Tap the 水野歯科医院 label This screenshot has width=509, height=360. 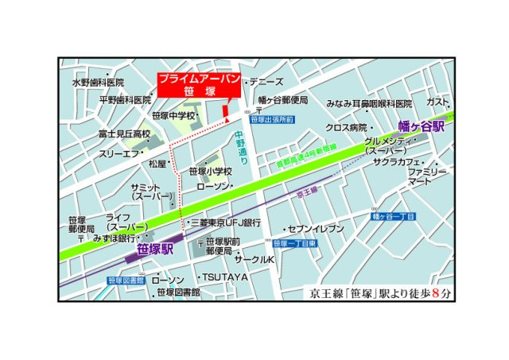98,82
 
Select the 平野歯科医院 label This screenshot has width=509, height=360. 125,100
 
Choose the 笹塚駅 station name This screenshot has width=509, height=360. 156,249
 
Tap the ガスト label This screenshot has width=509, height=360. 437,102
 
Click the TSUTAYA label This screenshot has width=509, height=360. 226,277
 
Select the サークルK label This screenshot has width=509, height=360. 254,260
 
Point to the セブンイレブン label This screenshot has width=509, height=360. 318,229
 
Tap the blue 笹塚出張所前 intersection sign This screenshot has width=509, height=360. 272,119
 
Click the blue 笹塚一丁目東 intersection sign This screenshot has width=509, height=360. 294,244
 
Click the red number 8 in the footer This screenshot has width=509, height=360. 435,292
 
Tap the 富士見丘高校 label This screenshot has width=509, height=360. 124,134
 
